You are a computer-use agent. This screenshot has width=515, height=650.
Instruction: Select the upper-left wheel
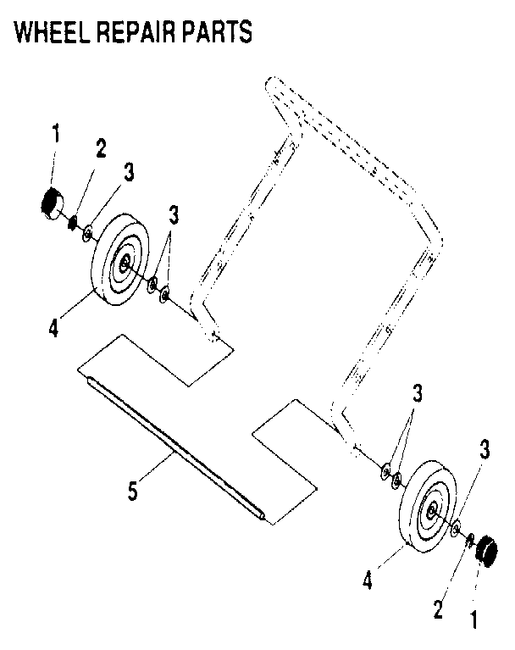click(118, 259)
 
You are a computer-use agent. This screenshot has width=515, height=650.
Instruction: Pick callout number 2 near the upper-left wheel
click(101, 148)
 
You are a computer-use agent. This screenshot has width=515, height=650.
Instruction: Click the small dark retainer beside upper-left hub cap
click(74, 223)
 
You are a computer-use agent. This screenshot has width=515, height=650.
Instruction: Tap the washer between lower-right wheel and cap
click(456, 529)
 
